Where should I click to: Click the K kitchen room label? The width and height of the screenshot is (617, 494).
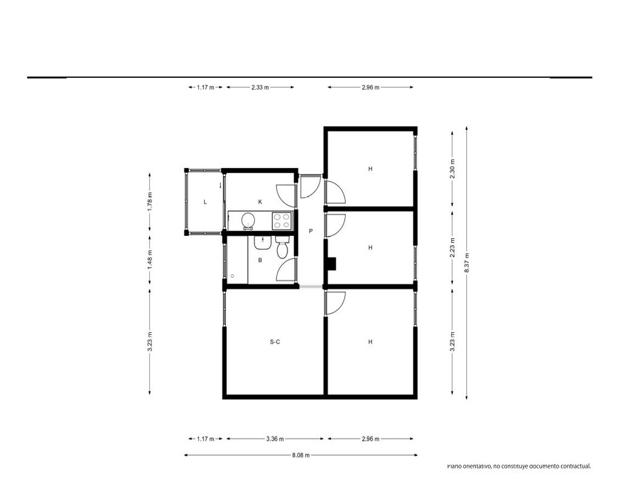pyautogui.click(x=260, y=202)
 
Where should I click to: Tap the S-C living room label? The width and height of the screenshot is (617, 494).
pyautogui.click(x=275, y=342)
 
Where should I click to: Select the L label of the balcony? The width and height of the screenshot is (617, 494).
pyautogui.click(x=205, y=202)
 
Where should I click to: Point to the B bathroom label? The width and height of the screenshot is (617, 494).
pyautogui.click(x=260, y=261)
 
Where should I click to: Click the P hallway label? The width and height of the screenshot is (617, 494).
pyautogui.click(x=311, y=231)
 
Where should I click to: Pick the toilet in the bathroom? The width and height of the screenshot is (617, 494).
pyautogui.click(x=282, y=247)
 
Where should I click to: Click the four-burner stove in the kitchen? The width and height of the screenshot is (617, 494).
pyautogui.click(x=282, y=220)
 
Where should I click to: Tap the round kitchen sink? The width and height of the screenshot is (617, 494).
pyautogui.click(x=248, y=220)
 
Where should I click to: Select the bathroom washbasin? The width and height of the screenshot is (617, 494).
pyautogui.click(x=262, y=243)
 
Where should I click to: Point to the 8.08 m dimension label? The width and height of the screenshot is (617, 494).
pyautogui.click(x=301, y=455)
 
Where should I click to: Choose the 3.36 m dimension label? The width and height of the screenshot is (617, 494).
pyautogui.click(x=275, y=439)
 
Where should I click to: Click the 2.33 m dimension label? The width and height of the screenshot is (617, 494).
pyautogui.click(x=260, y=88)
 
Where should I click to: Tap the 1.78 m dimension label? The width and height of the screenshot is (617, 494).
pyautogui.click(x=150, y=201)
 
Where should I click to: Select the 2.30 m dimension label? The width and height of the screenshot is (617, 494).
pyautogui.click(x=452, y=169)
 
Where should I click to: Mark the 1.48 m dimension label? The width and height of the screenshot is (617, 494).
pyautogui.click(x=150, y=261)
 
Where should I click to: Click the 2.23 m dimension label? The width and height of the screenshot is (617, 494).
pyautogui.click(x=452, y=248)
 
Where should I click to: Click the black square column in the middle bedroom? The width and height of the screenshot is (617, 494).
pyautogui.click(x=332, y=264)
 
